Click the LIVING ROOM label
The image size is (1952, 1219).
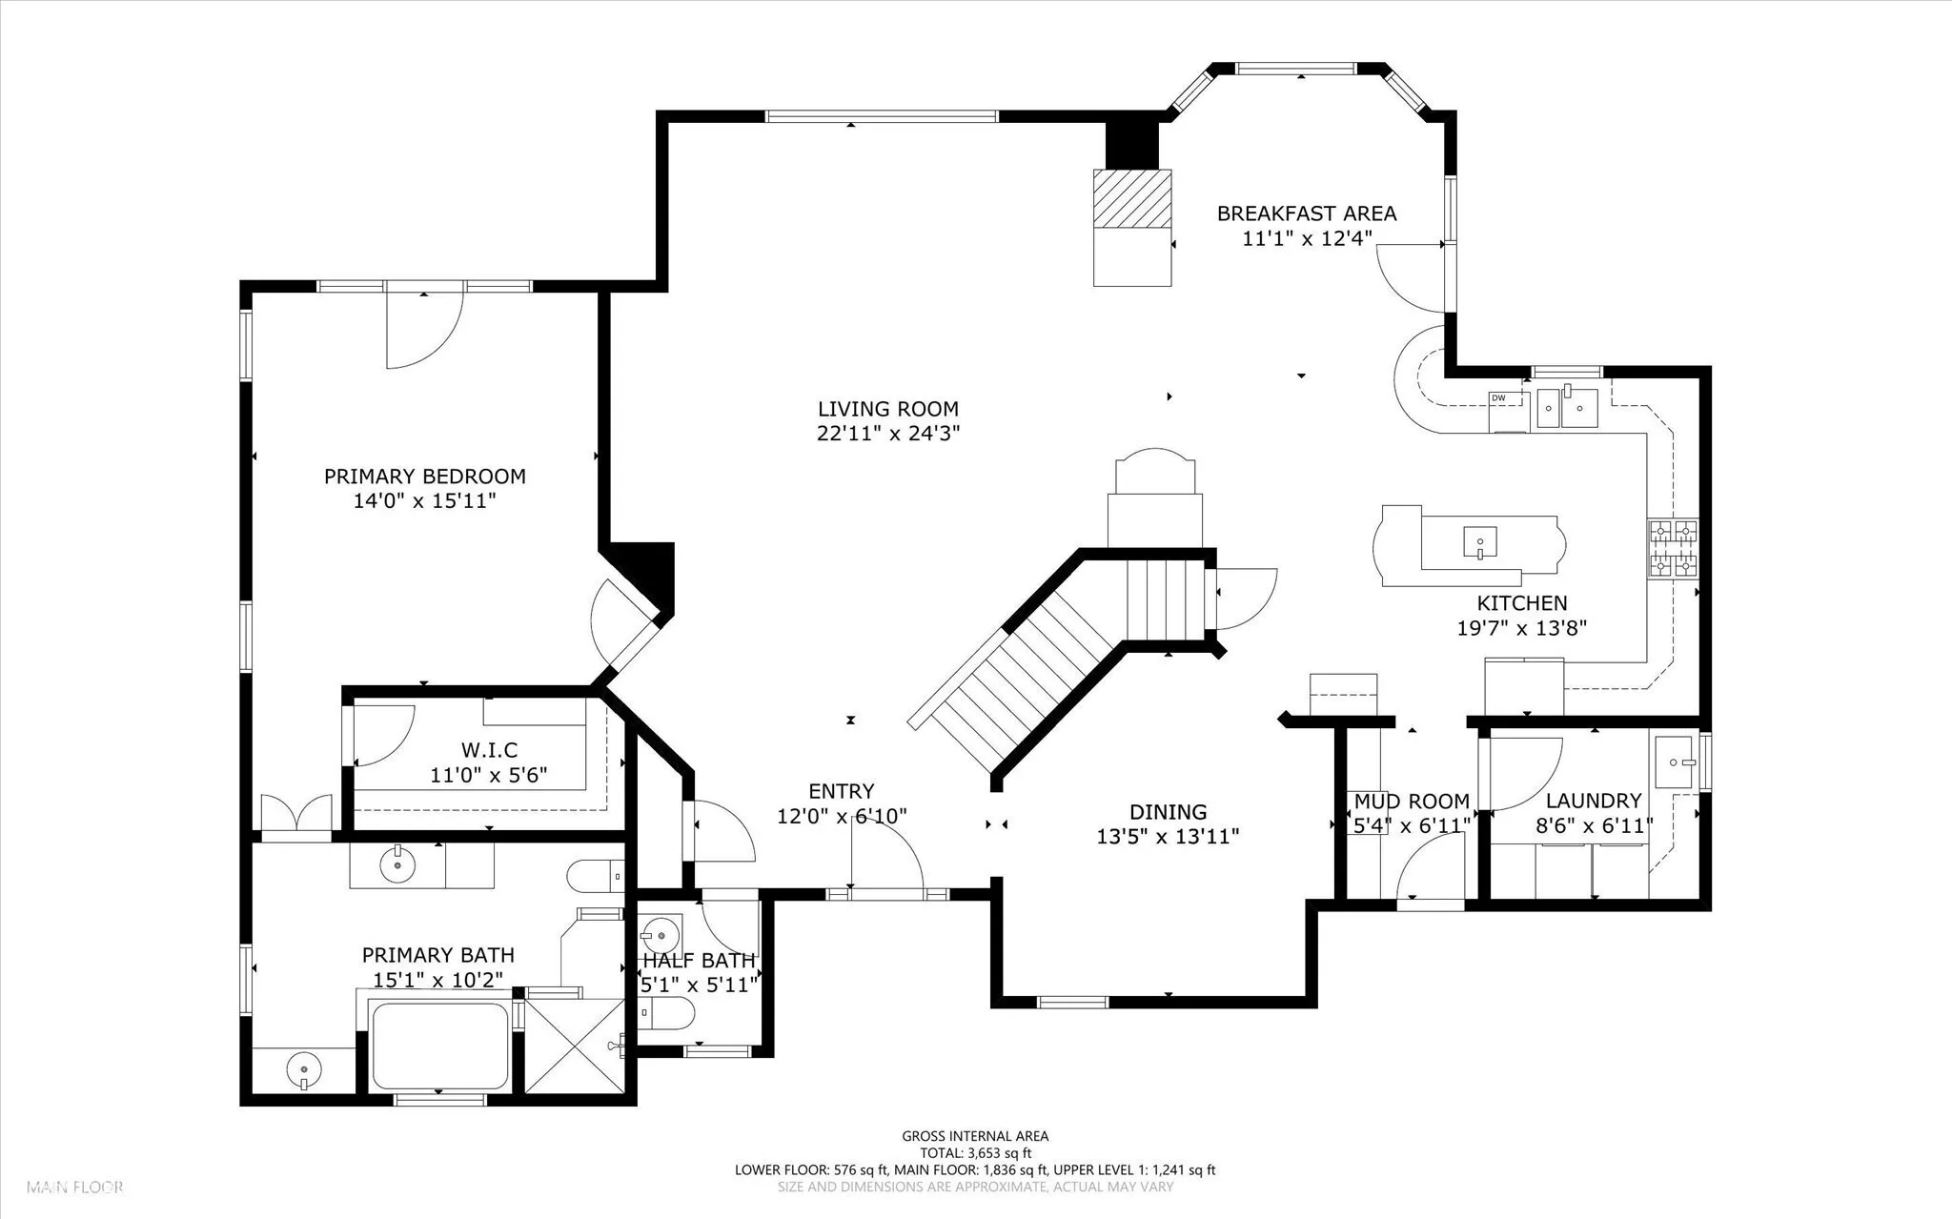pos(888,410)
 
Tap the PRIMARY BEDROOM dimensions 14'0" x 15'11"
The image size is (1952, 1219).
pos(425,501)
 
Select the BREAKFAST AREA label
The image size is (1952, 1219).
pos(1307,213)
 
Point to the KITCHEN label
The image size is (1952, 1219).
pos(1522,603)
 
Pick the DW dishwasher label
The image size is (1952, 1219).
pos(1498,397)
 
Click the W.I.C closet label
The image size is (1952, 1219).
pos(489,751)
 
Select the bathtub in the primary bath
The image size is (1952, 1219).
pos(438,1045)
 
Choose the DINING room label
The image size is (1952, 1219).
pos(1169,812)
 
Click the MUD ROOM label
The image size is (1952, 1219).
pos(1412,802)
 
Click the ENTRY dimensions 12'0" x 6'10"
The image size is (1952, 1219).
pos(843,816)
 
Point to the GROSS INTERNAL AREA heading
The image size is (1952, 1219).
pos(975,1136)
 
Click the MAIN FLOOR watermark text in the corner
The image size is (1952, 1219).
pos(75,1188)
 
